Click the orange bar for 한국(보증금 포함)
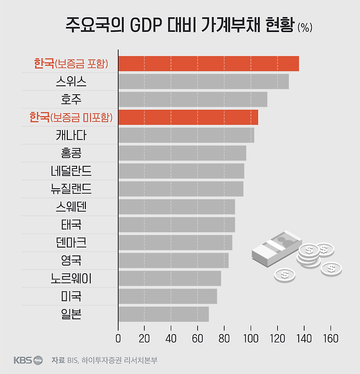click(x=208, y=63)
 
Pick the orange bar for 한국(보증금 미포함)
click(x=188, y=117)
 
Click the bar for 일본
click(x=164, y=314)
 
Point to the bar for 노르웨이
click(x=170, y=278)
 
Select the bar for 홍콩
click(x=182, y=153)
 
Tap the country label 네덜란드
click(x=71, y=171)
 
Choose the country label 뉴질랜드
click(x=71, y=189)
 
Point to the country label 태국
click(x=71, y=225)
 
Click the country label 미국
click(x=71, y=296)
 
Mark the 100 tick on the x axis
click(x=251, y=338)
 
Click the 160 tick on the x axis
click(x=330, y=338)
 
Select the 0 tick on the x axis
click(x=118, y=338)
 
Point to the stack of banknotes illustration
click(x=276, y=249)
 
